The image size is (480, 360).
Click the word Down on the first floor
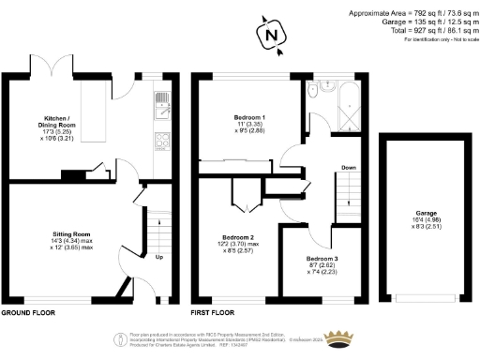(348, 168)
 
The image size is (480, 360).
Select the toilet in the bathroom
(315, 91)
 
